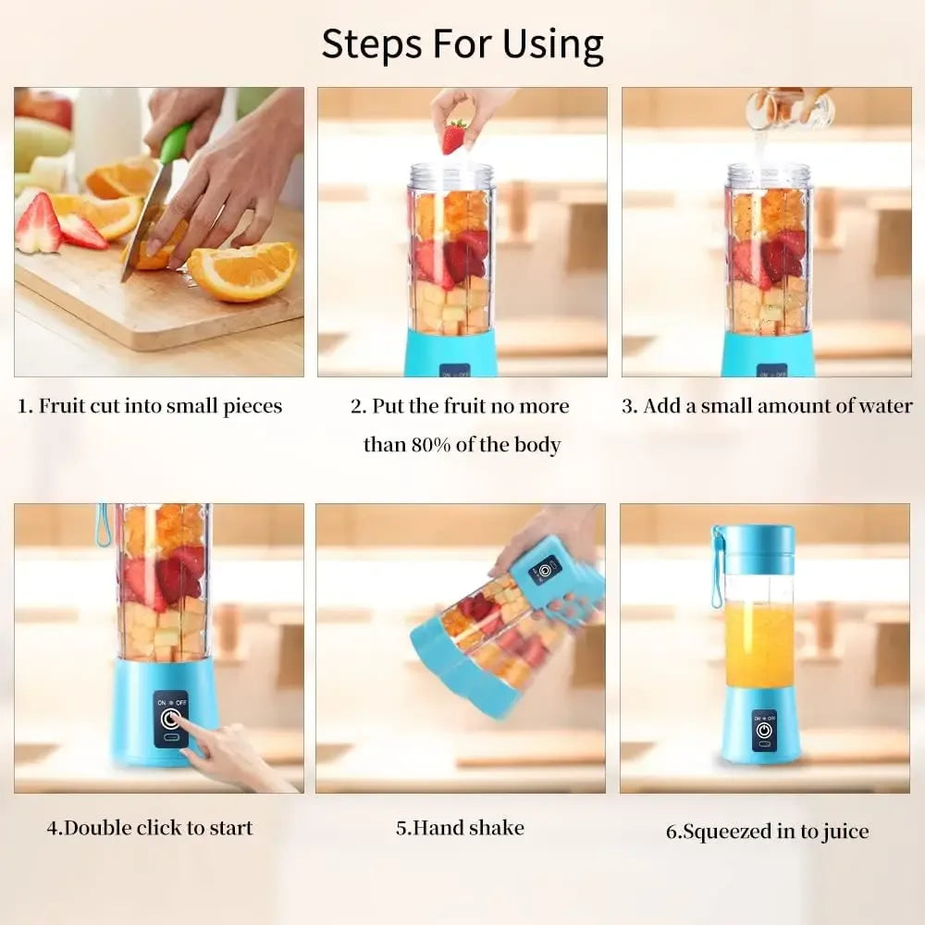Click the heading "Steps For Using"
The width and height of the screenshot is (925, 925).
(x=462, y=44)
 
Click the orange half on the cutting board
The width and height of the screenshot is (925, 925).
(x=243, y=271)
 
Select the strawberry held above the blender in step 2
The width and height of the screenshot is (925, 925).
(x=454, y=136)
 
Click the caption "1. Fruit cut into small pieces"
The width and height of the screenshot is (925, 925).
(x=151, y=406)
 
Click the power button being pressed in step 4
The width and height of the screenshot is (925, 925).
(x=170, y=719)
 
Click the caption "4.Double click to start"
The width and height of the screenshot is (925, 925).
(x=150, y=827)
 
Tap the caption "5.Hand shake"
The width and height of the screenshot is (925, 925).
(x=460, y=827)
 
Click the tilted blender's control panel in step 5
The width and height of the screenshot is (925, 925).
(x=545, y=570)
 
